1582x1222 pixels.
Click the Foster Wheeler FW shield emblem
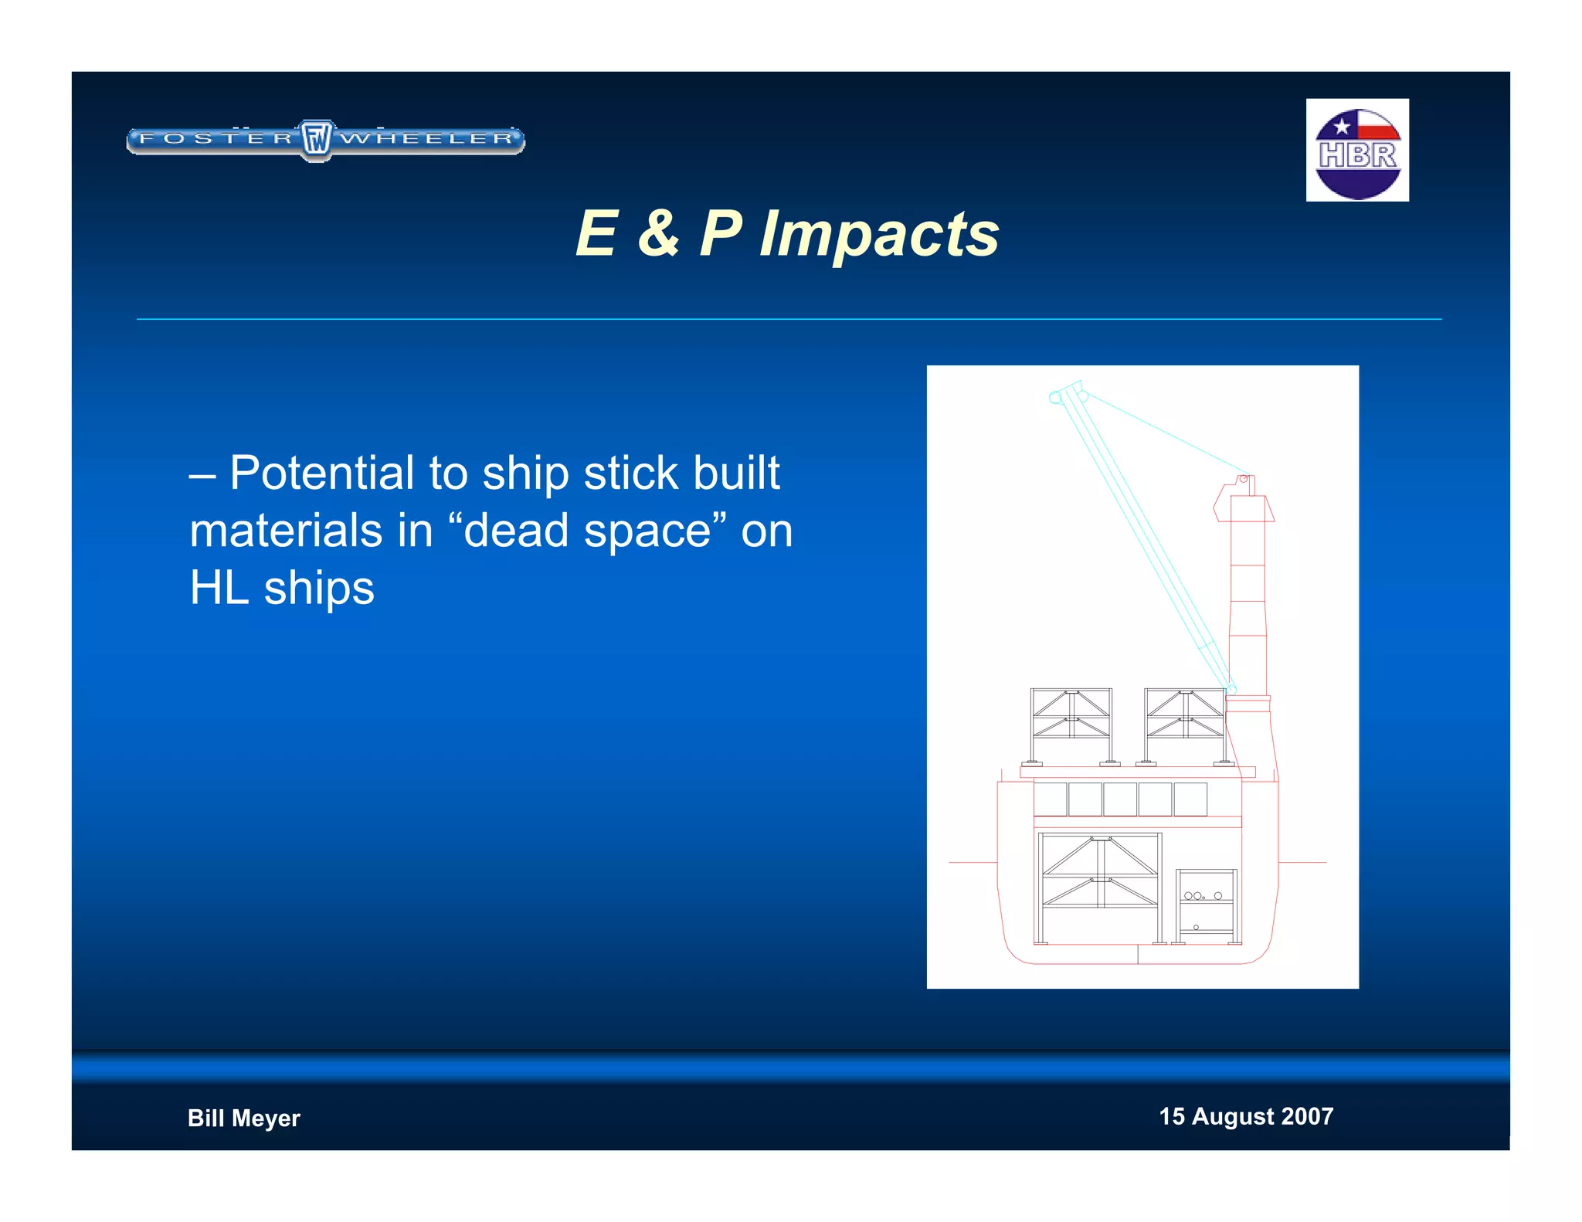pyautogui.click(x=316, y=140)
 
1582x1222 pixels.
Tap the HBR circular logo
pyautogui.click(x=1357, y=151)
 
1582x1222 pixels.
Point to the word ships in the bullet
pyautogui.click(x=318, y=588)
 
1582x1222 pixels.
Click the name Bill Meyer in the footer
pyautogui.click(x=243, y=1118)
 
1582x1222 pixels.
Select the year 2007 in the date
pyautogui.click(x=1307, y=1116)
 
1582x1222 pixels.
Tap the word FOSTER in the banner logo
pyautogui.click(x=216, y=139)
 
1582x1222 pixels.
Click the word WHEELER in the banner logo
pyautogui.click(x=427, y=139)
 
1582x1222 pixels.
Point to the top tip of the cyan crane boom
pyautogui.click(x=1069, y=389)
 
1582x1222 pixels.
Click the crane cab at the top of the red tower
pyautogui.click(x=1244, y=501)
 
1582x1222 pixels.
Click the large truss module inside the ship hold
pyautogui.click(x=1099, y=888)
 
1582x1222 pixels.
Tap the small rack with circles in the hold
pyautogui.click(x=1206, y=906)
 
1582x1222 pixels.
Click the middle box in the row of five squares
pyautogui.click(x=1119, y=799)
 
